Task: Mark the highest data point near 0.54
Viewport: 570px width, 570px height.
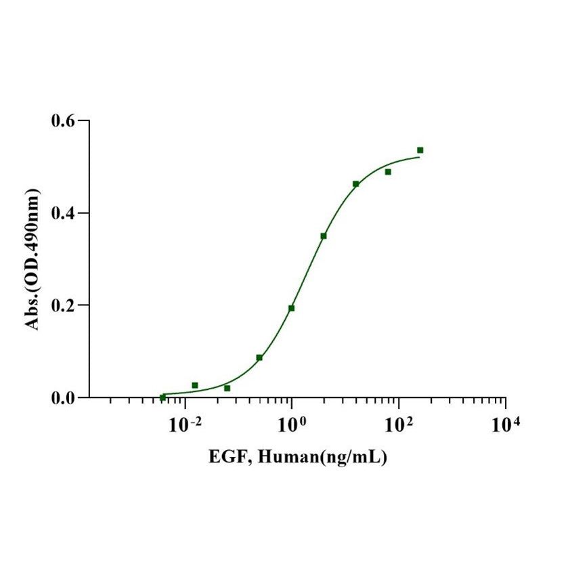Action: point(420,150)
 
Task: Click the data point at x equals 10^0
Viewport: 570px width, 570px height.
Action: point(291,308)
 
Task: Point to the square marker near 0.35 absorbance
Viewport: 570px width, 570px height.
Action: point(324,236)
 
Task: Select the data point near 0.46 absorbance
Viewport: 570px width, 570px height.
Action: point(356,184)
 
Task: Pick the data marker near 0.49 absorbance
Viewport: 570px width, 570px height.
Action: point(388,172)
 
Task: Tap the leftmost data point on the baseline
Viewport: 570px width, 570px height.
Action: point(162,397)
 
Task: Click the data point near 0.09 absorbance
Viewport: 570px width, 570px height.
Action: point(259,357)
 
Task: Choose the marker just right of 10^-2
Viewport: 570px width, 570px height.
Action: point(195,385)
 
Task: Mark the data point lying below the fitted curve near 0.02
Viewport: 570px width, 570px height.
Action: point(227,388)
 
